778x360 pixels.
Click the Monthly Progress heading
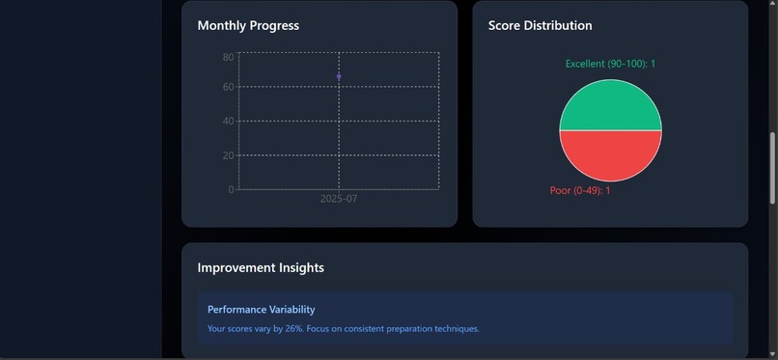click(248, 26)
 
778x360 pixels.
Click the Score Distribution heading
click(540, 26)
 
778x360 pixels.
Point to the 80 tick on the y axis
click(229, 57)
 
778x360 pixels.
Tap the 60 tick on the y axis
click(229, 87)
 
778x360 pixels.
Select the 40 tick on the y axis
click(229, 121)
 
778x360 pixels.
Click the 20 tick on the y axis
click(229, 155)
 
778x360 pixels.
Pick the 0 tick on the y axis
click(232, 189)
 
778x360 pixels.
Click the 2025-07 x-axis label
click(339, 199)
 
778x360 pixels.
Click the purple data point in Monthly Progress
click(339, 76)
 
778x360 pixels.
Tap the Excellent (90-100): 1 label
click(610, 64)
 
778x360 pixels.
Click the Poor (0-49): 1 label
click(580, 190)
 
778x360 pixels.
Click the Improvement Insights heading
click(261, 267)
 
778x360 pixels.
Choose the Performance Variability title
click(261, 310)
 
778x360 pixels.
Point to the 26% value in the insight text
click(292, 329)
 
